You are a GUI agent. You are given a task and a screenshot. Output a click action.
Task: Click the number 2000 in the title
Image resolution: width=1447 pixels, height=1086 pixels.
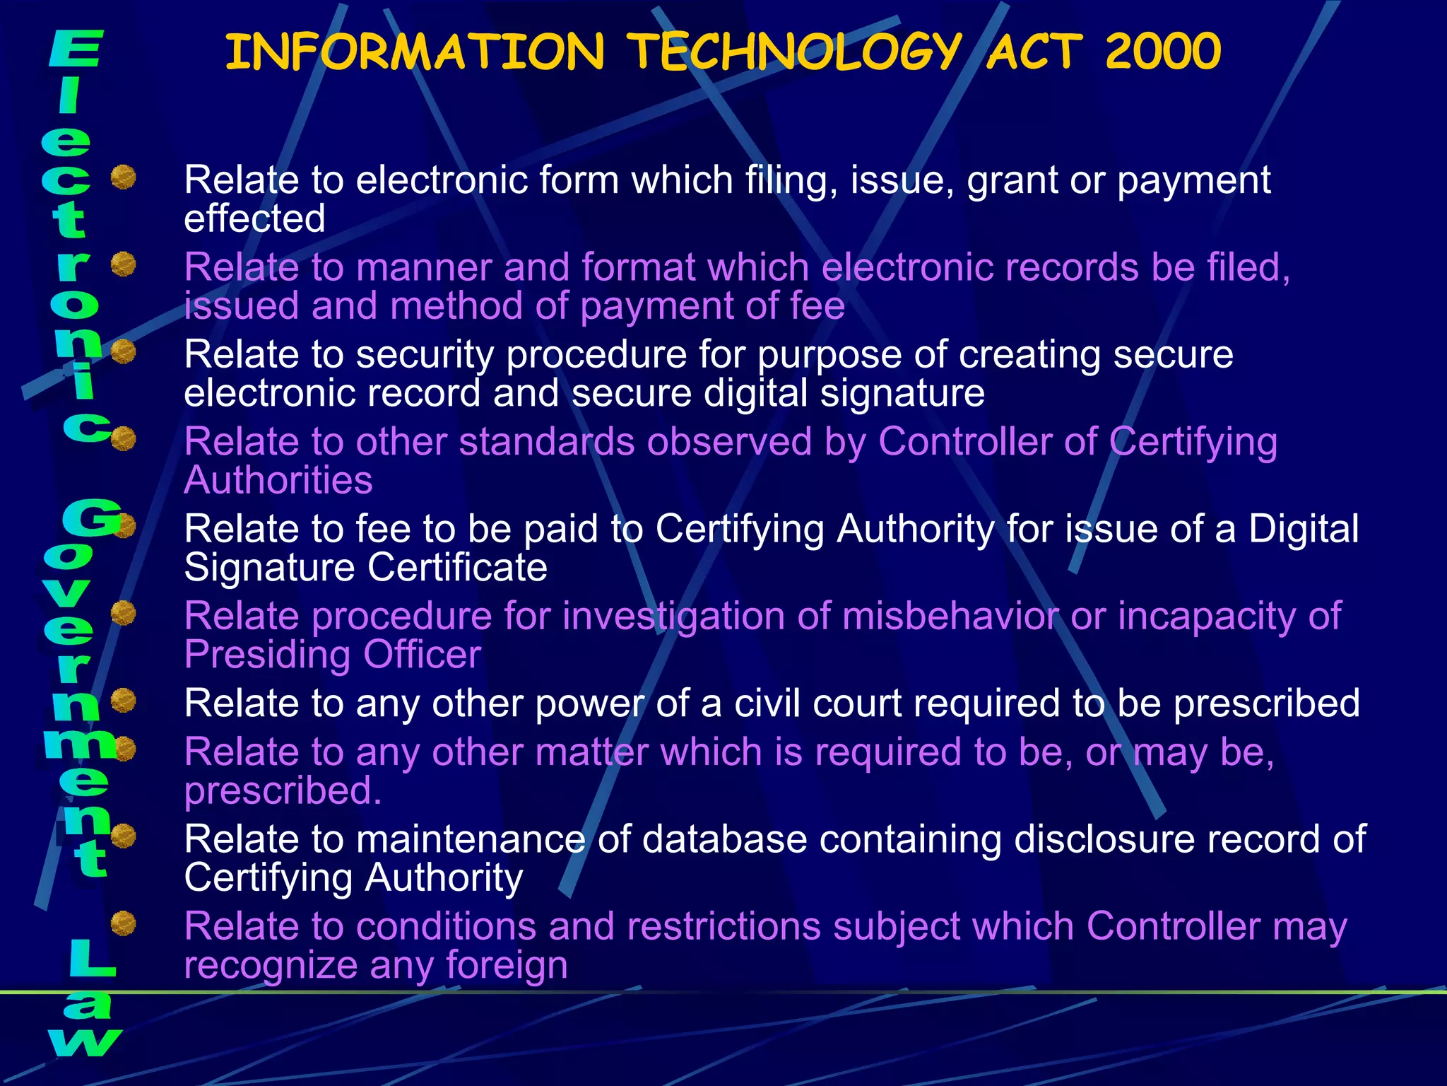pos(1162,52)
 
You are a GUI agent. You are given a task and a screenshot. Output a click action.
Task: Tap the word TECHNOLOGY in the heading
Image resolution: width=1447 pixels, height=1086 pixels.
pos(794,52)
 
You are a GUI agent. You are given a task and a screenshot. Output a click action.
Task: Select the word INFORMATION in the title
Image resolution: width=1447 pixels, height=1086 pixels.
pos(415,52)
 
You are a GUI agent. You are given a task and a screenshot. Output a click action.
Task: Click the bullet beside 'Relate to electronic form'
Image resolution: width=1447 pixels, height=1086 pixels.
pos(124,177)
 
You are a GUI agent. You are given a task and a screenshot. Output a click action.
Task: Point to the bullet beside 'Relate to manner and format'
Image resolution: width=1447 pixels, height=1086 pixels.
pos(124,264)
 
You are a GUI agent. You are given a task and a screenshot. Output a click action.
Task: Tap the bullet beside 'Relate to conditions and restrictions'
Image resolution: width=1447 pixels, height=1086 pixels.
pos(124,923)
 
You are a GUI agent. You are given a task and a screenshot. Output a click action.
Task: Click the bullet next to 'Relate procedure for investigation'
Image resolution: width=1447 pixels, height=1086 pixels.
pos(124,613)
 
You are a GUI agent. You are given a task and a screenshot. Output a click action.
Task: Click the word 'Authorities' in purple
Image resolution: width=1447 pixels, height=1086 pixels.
pos(278,481)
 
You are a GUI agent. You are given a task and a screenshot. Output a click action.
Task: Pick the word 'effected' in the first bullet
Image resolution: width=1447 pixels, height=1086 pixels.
pos(254,218)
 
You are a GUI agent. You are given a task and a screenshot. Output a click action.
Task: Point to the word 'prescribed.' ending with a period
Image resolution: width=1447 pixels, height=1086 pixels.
pos(283,791)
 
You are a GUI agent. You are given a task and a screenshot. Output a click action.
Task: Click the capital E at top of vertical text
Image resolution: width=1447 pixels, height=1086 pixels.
pos(76,49)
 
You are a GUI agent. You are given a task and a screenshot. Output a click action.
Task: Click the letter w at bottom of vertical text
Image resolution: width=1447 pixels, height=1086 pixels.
pos(85,1042)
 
